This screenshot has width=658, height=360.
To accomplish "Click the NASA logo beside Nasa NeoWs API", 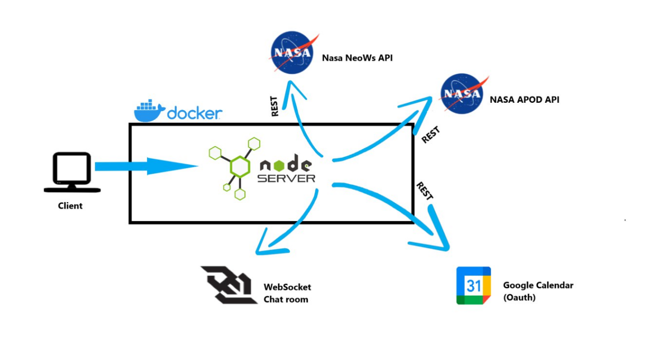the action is [293, 52].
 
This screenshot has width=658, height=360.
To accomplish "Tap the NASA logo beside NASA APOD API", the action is [463, 94].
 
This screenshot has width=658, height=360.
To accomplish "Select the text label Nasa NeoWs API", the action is [357, 58].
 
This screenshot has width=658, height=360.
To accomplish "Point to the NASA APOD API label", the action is [524, 100].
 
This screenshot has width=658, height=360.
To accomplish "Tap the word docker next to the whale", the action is [195, 113].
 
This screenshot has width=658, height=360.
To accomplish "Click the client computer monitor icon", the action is [72, 172].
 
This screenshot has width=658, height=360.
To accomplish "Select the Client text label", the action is [70, 206].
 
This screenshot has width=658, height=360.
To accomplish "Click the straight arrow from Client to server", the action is [147, 166].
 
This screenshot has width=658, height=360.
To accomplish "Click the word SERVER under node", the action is [286, 178].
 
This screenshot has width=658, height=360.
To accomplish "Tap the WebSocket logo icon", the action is [229, 285].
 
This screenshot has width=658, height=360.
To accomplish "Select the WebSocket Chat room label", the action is [287, 293].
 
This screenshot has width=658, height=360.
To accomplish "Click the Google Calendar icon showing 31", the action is [473, 285].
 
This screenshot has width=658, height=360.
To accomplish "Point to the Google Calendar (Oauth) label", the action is [538, 291].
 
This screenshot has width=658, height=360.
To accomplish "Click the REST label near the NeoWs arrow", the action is [274, 106].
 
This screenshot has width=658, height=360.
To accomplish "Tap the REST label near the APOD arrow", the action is [431, 135].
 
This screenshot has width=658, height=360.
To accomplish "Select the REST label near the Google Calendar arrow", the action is [425, 191].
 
